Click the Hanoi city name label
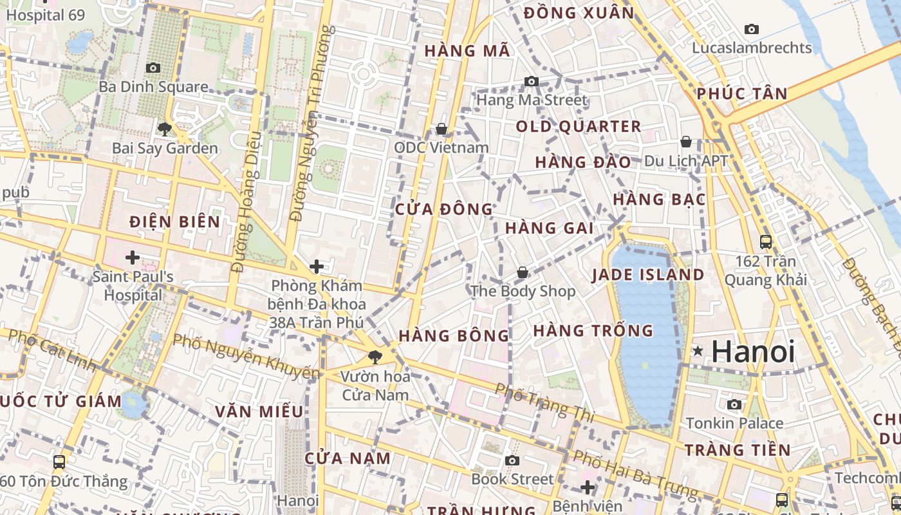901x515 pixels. point(753,351)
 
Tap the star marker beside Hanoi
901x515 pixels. point(698,351)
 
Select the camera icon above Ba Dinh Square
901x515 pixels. point(153,68)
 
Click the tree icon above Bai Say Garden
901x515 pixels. point(164,129)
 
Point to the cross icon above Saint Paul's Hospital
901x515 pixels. point(133,257)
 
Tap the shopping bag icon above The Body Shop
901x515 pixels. point(523,272)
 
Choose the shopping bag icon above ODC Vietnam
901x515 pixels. point(441,129)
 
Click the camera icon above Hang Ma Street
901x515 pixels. point(532,81)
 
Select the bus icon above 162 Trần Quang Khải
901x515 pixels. point(766,242)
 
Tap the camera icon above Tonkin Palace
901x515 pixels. point(734,404)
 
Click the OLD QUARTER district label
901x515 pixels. point(579,127)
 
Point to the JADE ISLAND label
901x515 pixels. point(647,275)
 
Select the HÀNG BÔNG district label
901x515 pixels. point(454,335)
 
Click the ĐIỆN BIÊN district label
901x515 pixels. point(174,222)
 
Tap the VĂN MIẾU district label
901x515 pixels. point(259,411)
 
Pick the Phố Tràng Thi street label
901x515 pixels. point(544,403)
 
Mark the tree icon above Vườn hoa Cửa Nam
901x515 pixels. point(375,357)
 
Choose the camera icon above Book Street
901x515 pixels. point(512,460)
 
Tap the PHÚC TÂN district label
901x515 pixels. point(742,94)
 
